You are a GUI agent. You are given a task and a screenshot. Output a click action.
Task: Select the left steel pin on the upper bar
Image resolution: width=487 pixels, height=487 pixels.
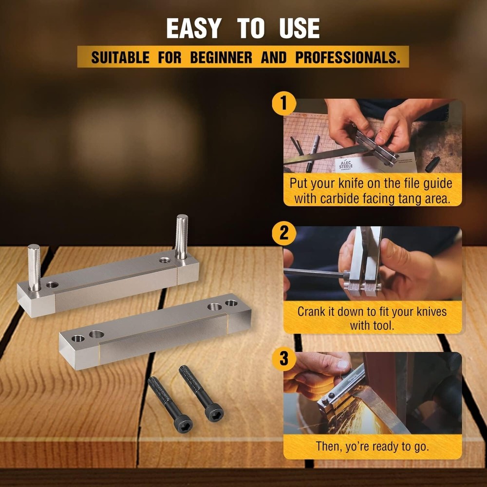point(34,267)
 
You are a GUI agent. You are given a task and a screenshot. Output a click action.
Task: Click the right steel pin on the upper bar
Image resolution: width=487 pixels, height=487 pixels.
point(182,237)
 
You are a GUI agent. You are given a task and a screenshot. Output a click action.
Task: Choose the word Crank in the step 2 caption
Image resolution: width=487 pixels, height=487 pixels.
point(313,311)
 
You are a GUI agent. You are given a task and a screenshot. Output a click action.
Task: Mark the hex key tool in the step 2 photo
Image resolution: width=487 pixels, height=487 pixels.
point(312,273)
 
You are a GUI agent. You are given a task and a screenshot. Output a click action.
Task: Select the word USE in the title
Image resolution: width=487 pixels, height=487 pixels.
point(299,29)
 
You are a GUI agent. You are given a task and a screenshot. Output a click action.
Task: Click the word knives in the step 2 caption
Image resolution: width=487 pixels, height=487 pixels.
point(430,311)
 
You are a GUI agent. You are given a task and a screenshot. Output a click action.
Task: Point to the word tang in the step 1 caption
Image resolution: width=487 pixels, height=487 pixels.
point(419,198)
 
